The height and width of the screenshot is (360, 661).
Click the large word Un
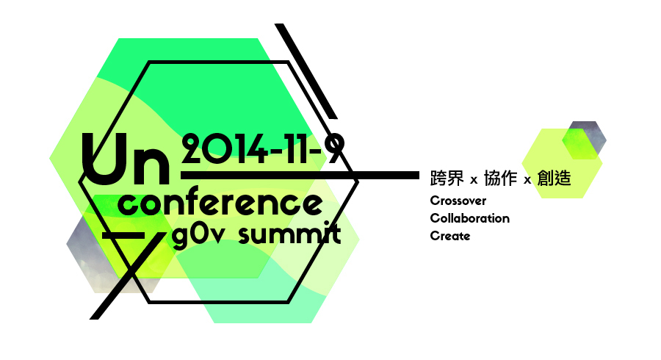coord(125,159)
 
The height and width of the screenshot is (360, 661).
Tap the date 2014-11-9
coord(263,149)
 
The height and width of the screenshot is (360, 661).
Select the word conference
coord(220,204)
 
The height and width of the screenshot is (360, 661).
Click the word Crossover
coord(458,201)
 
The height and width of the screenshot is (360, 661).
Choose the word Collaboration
coord(469,218)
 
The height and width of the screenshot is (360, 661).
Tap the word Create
coord(449,236)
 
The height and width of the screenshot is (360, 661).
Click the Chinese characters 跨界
coord(447,178)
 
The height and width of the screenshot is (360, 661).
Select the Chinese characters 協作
coord(500,178)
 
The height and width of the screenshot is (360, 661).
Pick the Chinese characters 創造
coord(554,178)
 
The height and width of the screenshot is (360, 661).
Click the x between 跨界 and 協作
coord(474,181)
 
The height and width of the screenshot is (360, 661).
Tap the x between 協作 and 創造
coord(527,181)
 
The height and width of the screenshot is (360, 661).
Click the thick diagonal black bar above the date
coord(306,71)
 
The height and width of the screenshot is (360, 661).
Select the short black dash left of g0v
coord(123,235)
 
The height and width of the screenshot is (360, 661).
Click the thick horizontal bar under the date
coord(300,175)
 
